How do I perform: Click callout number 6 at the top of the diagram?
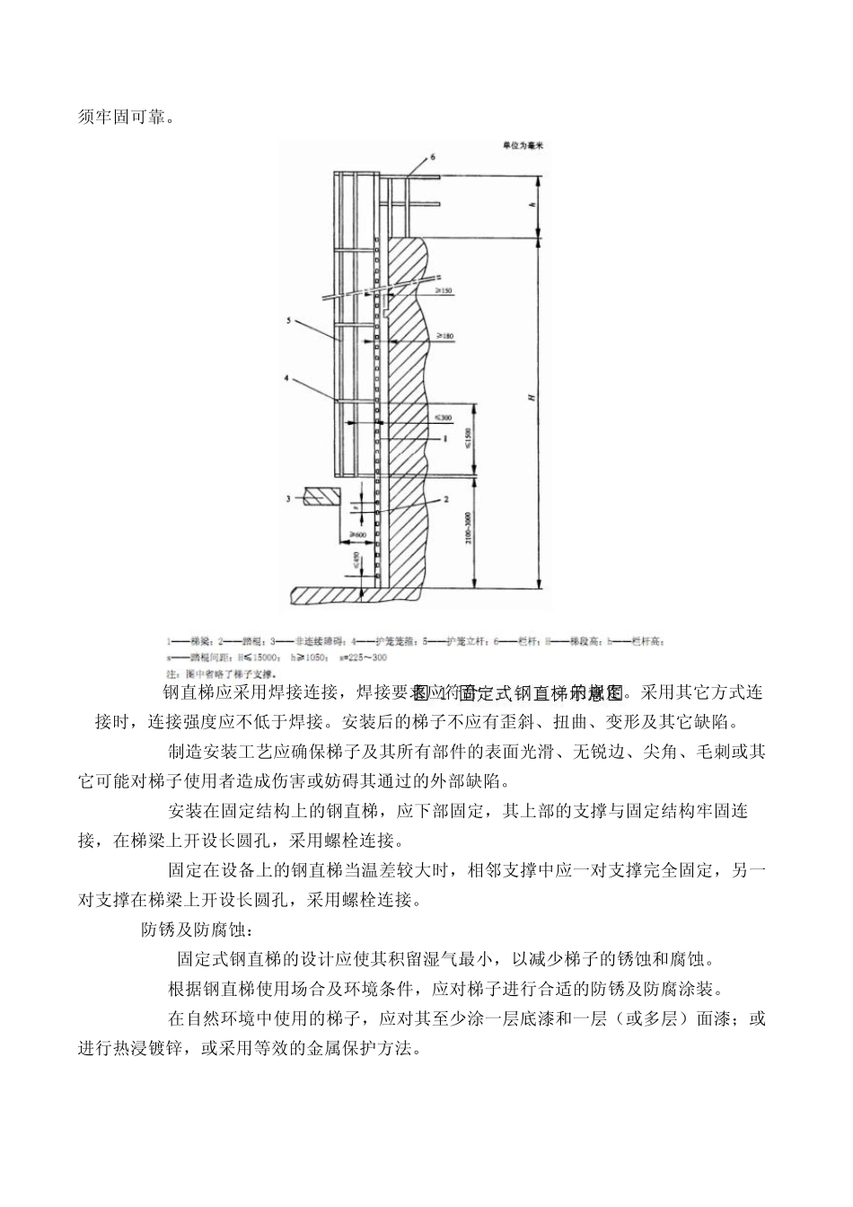(x=433, y=156)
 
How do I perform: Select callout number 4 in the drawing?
(x=288, y=379)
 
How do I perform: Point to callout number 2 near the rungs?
(x=444, y=498)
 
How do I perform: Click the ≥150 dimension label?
(x=444, y=291)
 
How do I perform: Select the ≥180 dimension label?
(x=444, y=336)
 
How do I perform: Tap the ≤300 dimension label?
(x=444, y=418)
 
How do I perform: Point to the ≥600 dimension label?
(x=356, y=534)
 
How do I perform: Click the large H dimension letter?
(x=532, y=396)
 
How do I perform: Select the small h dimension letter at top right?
(x=532, y=207)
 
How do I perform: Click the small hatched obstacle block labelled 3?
(x=322, y=497)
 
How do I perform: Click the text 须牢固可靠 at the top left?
(x=122, y=117)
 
